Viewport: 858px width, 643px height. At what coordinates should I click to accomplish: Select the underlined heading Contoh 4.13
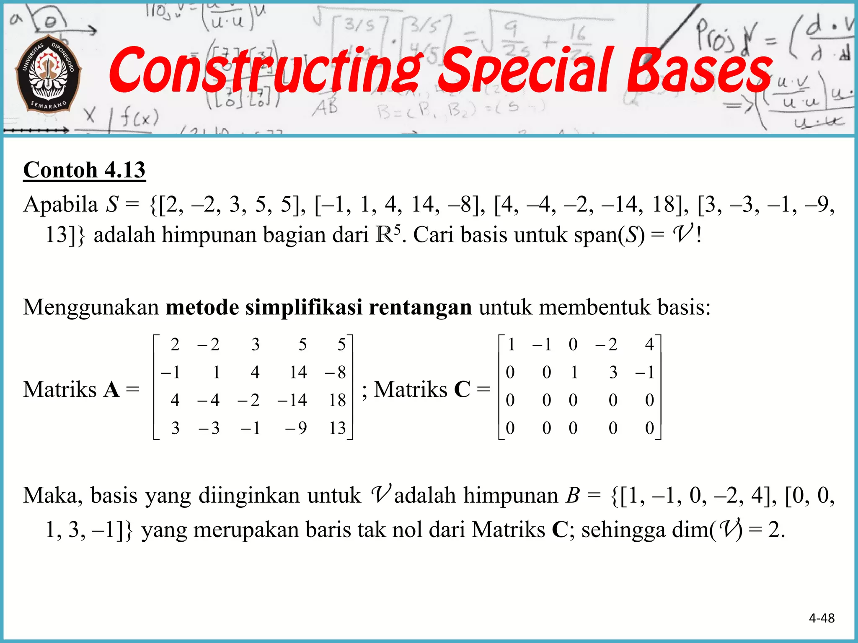84,170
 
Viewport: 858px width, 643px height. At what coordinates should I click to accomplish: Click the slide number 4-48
822,618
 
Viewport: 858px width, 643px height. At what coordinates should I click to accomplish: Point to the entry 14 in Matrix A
298,372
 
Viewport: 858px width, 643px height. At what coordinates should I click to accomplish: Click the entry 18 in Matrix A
337,400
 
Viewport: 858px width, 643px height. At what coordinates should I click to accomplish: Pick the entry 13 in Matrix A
337,428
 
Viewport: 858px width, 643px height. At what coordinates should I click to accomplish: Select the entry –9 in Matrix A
296,428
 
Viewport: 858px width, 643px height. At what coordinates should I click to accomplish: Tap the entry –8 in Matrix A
336,372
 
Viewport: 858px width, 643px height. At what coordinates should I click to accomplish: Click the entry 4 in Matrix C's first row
649,345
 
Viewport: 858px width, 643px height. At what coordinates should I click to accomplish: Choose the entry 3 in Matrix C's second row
613,372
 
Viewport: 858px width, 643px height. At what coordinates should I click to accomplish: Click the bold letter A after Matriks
111,390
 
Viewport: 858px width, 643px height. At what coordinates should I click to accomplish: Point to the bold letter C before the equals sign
462,390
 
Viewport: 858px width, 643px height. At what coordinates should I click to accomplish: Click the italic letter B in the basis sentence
573,496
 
